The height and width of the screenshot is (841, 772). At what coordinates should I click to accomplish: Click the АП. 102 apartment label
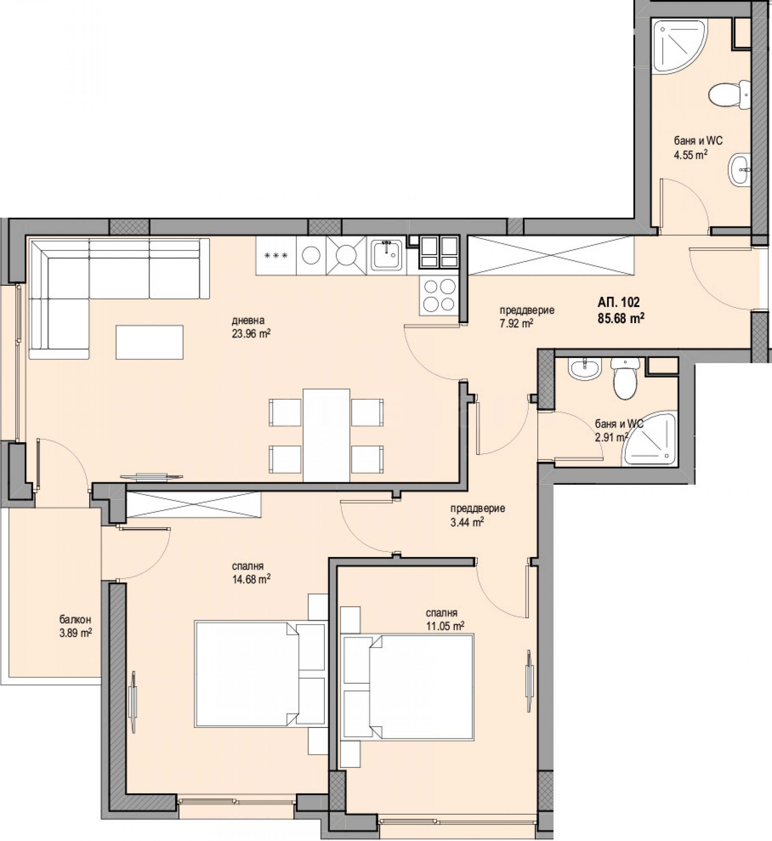(x=619, y=302)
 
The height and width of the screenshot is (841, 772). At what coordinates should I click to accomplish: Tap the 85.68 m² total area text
(x=621, y=318)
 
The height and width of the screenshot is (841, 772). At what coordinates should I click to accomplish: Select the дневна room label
(x=248, y=321)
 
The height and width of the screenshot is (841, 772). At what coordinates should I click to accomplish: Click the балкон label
(x=75, y=620)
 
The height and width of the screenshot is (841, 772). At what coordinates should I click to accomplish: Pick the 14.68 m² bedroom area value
(x=251, y=579)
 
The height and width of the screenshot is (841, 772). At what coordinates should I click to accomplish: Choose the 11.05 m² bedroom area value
(x=445, y=626)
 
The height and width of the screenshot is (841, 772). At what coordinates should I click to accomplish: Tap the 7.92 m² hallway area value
(x=516, y=323)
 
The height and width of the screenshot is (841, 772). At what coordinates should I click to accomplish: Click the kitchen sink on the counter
(x=386, y=255)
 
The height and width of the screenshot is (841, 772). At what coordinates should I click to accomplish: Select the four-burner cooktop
(x=439, y=296)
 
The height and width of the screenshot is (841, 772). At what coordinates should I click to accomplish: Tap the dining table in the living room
(x=326, y=435)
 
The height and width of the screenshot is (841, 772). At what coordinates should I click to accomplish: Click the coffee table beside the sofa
(x=150, y=342)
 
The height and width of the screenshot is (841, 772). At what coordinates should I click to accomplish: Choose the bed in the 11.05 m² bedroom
(x=407, y=687)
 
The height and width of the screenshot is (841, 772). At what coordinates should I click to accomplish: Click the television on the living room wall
(x=151, y=476)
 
